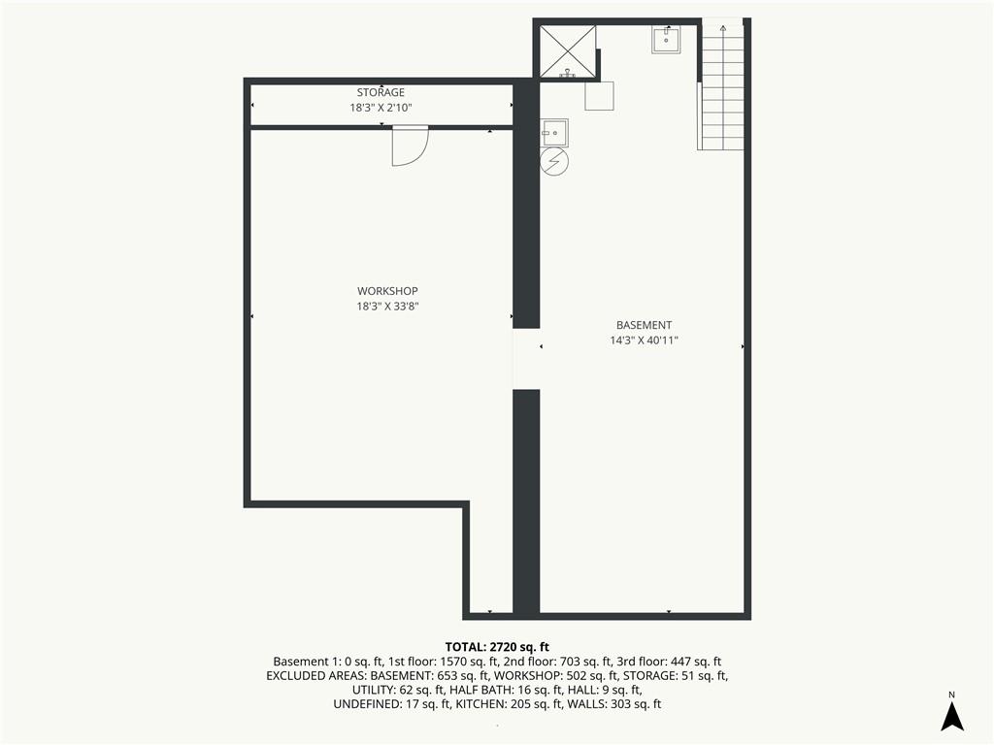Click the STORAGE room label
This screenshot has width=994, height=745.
pyautogui.click(x=381, y=92)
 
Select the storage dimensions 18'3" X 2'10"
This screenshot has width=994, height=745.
pyautogui.click(x=381, y=108)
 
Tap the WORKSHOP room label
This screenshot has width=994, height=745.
pyautogui.click(x=387, y=291)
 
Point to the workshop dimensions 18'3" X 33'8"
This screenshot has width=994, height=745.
pyautogui.click(x=387, y=307)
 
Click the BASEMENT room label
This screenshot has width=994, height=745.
pyautogui.click(x=645, y=325)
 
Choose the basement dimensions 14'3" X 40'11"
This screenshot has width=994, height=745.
pyautogui.click(x=645, y=340)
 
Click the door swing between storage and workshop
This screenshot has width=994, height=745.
pyautogui.click(x=411, y=146)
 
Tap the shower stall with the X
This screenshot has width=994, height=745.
pyautogui.click(x=568, y=51)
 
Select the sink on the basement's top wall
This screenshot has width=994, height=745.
pyautogui.click(x=666, y=39)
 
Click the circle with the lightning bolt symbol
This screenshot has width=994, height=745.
pyautogui.click(x=554, y=162)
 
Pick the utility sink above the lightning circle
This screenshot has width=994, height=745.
pyautogui.click(x=554, y=132)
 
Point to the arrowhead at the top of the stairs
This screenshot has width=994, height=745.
pyautogui.click(x=723, y=28)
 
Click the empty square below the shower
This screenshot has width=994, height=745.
pyautogui.click(x=599, y=96)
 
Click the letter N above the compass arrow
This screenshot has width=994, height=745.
pyautogui.click(x=951, y=695)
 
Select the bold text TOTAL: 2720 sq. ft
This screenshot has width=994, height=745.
pyautogui.click(x=497, y=647)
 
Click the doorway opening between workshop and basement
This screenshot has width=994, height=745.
pyautogui.click(x=526, y=359)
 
